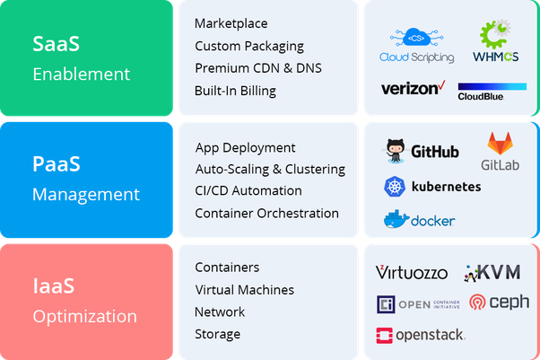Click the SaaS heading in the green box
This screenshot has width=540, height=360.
click(x=55, y=43)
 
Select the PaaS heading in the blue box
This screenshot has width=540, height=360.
click(x=56, y=163)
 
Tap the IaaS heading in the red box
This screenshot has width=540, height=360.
click(x=54, y=285)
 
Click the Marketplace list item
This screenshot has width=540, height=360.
click(x=231, y=23)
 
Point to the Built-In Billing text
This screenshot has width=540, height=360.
click(x=235, y=91)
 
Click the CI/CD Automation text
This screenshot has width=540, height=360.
click(x=248, y=191)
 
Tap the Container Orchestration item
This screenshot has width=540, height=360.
click(x=266, y=214)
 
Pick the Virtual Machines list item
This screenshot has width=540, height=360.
click(x=244, y=290)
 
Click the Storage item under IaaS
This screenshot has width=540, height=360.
click(x=217, y=334)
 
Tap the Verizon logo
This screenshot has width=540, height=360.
click(x=413, y=89)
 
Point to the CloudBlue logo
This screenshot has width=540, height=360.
click(x=492, y=91)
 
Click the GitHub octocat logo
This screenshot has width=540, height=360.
click(x=396, y=151)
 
